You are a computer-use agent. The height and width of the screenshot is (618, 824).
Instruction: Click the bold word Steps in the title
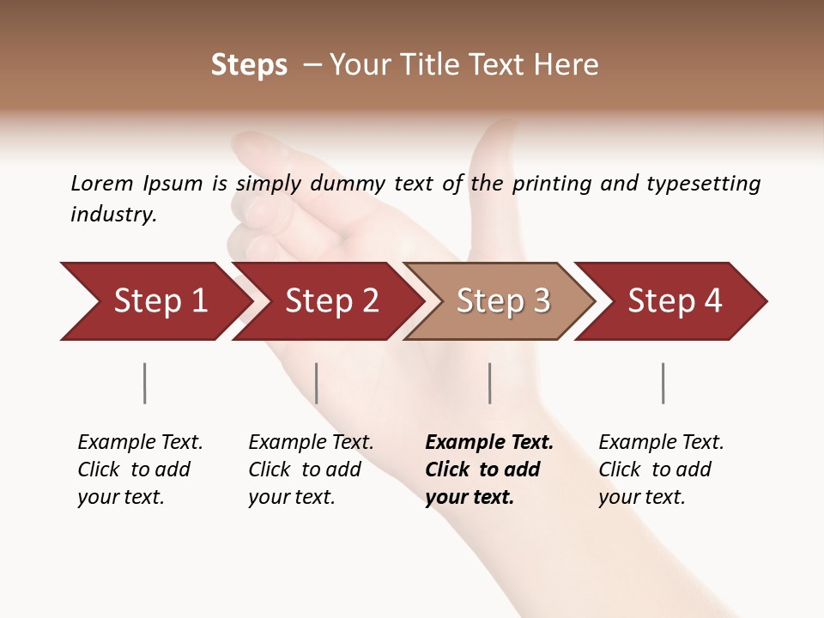(x=249, y=65)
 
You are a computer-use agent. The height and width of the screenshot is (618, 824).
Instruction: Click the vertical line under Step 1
(x=145, y=383)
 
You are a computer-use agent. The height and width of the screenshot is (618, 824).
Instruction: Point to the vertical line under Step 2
(x=317, y=383)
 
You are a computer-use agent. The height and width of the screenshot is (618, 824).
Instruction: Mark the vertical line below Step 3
(x=490, y=383)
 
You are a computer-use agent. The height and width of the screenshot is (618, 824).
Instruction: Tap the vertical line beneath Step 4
(x=663, y=383)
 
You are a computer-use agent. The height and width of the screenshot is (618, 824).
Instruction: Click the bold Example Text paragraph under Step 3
(x=489, y=470)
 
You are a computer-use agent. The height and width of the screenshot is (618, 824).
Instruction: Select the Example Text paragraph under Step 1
(x=140, y=470)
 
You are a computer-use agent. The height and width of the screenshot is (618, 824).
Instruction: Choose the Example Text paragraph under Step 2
(x=311, y=470)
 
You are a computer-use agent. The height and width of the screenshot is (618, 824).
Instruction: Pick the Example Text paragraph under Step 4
(x=661, y=470)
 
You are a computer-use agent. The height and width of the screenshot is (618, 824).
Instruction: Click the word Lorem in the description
(x=102, y=184)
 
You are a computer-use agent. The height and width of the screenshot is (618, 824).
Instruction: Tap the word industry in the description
(x=112, y=215)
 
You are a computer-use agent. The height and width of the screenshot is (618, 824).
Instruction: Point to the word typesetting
(x=703, y=184)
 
